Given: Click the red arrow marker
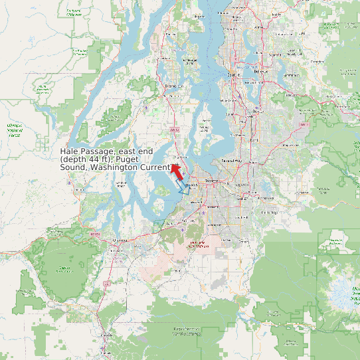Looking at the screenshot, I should [177, 171].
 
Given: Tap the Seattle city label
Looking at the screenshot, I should [233, 75].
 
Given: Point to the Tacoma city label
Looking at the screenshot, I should [212, 180].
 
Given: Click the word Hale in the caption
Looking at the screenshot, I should [70, 152].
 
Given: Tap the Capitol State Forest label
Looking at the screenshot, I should [64, 269].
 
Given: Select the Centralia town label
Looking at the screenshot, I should [104, 336].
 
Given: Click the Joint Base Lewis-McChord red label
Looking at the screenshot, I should [197, 244].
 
